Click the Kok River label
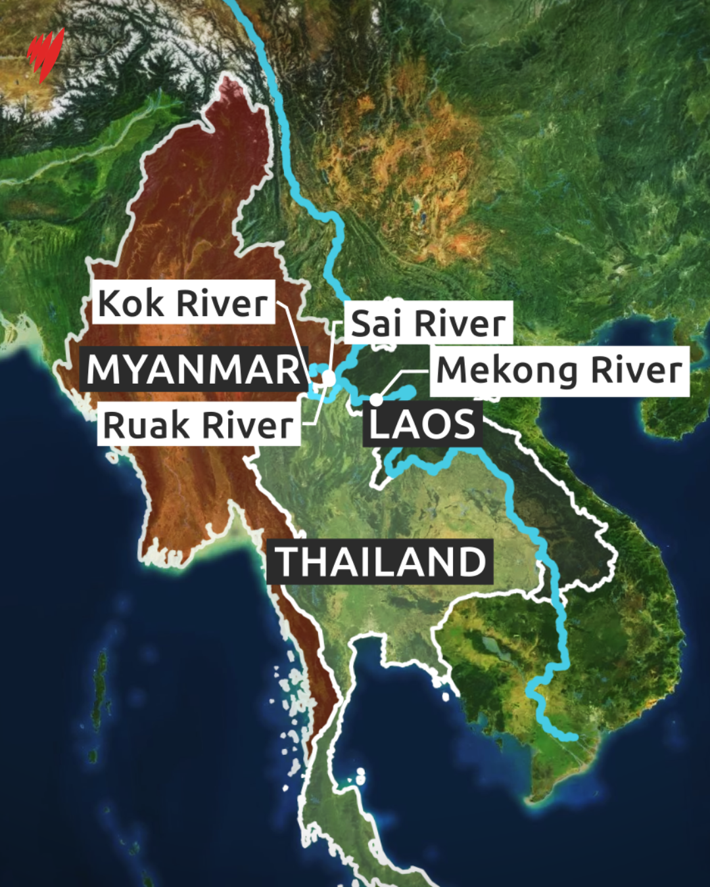click(x=183, y=303)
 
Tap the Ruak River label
click(x=199, y=425)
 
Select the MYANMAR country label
click(x=194, y=369)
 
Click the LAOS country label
click(x=422, y=424)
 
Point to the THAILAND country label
click(x=380, y=562)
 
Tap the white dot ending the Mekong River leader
click(x=376, y=399)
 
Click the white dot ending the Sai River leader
click(x=328, y=379)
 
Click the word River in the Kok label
click(x=222, y=303)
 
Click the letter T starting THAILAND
click(x=287, y=562)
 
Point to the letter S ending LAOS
click(x=463, y=424)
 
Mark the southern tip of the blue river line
click(x=575, y=737)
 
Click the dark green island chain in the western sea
click(x=100, y=690)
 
